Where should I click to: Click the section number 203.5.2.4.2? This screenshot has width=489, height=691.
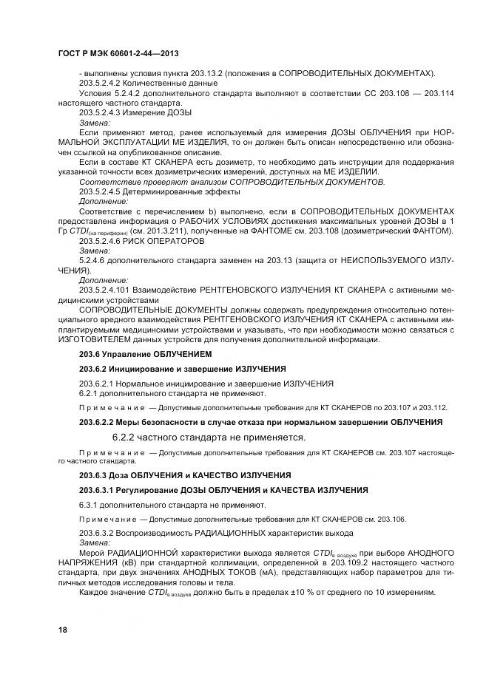(x=103, y=84)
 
